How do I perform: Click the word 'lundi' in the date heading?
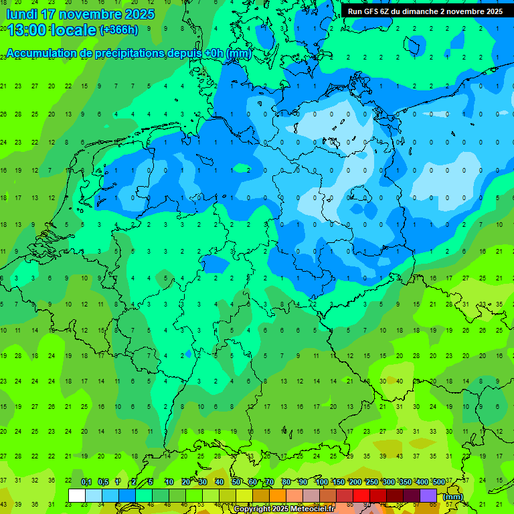[22, 14]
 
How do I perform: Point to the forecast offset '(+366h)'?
[118, 29]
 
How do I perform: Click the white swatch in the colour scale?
[76, 495]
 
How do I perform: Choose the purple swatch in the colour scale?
[428, 495]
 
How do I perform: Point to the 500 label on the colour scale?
[438, 482]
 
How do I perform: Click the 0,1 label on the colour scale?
[86, 482]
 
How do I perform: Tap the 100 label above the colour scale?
[321, 482]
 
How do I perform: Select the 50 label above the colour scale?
[236, 482]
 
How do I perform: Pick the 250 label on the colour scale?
[371, 482]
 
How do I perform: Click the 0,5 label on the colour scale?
[103, 482]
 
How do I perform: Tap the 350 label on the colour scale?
[405, 482]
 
